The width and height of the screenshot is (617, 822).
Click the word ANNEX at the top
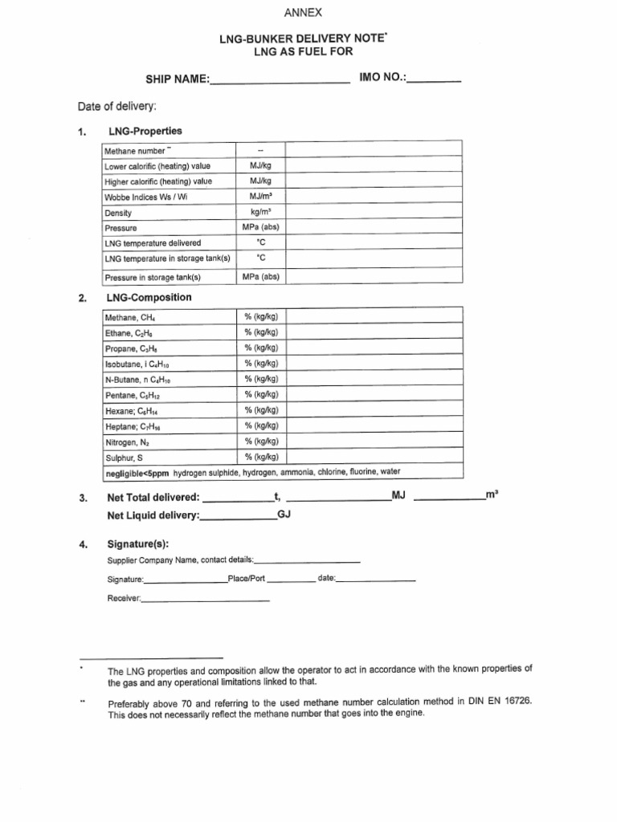[308, 14]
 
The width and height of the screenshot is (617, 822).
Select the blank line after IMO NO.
[435, 80]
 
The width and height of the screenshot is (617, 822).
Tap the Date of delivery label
[117, 107]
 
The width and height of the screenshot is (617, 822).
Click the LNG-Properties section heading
[144, 131]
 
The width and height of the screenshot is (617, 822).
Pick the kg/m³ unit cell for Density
[259, 213]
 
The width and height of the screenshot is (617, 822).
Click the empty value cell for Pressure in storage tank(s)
[374, 277]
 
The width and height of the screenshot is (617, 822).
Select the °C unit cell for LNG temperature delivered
[259, 243]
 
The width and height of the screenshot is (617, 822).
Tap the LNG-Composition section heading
[149, 298]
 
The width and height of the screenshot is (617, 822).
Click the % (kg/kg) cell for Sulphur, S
[260, 457]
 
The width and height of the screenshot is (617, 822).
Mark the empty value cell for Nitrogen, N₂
[374, 442]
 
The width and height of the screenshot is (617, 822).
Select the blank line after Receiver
[206, 600]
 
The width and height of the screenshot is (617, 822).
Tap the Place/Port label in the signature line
[247, 579]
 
